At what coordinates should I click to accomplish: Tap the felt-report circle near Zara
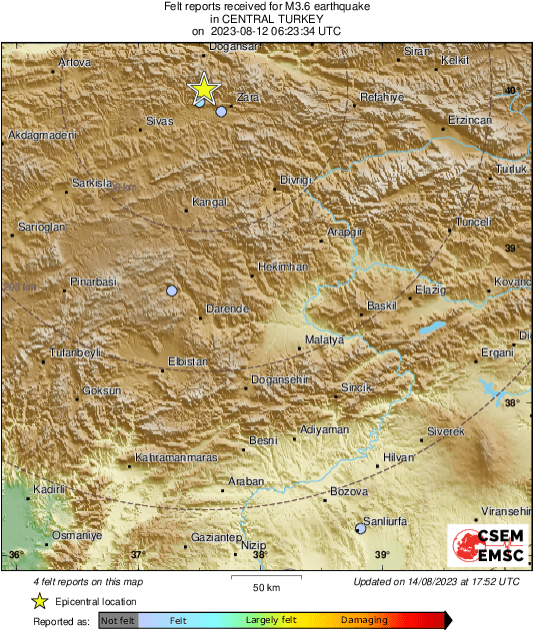221,111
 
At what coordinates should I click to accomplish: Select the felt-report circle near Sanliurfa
361,528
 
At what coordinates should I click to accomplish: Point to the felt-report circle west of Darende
172,291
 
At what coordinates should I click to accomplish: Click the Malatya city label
324,340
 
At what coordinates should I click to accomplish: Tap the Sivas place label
160,120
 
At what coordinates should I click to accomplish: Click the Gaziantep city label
211,537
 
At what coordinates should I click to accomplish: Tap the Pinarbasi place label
94,283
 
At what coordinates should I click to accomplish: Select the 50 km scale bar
265,577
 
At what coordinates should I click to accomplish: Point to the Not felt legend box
118,620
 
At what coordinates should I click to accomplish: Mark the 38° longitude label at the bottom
259,555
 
